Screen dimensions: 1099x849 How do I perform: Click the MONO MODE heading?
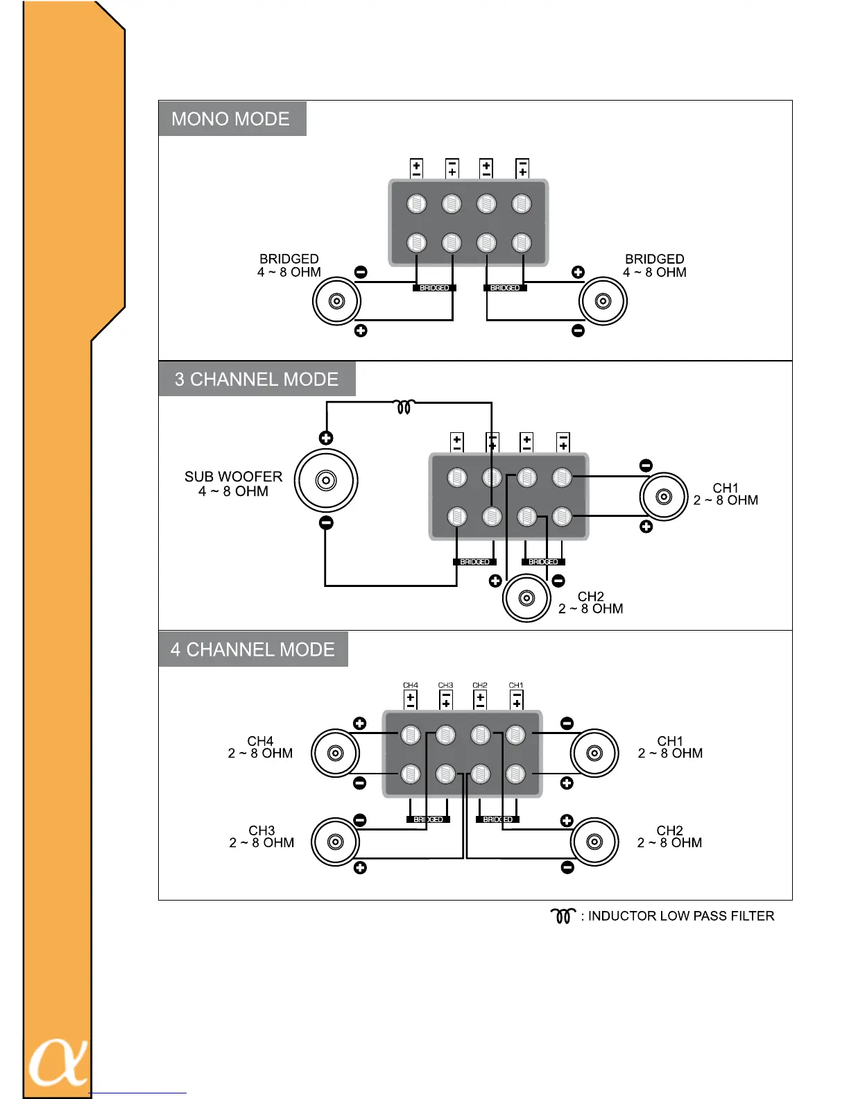click(230, 119)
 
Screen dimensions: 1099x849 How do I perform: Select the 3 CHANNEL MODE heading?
click(257, 379)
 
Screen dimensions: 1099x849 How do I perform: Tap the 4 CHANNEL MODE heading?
click(252, 649)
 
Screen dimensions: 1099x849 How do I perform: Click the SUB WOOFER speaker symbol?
click(325, 480)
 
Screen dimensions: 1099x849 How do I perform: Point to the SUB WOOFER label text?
click(233, 484)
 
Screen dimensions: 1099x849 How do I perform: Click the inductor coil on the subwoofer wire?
click(404, 407)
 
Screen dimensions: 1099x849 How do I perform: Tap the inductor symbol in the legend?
click(563, 916)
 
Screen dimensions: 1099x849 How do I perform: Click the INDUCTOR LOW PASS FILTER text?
click(681, 916)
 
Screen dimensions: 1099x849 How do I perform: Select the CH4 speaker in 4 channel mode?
click(335, 753)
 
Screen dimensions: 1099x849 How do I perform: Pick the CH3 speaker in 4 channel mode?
click(335, 842)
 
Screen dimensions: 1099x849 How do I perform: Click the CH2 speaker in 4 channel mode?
click(594, 842)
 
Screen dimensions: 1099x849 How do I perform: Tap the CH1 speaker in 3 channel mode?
click(664, 497)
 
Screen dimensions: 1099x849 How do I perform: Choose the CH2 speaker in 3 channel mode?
click(526, 598)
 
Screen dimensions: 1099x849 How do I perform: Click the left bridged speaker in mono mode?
click(336, 301)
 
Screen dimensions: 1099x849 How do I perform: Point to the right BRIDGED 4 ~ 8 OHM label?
click(654, 266)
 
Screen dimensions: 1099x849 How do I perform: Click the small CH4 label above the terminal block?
click(411, 685)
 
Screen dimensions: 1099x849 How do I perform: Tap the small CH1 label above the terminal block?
click(516, 685)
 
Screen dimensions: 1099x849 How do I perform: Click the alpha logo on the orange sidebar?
click(58, 1062)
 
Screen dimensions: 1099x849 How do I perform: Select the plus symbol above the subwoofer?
click(326, 438)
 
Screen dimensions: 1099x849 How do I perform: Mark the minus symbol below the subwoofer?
click(326, 522)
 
